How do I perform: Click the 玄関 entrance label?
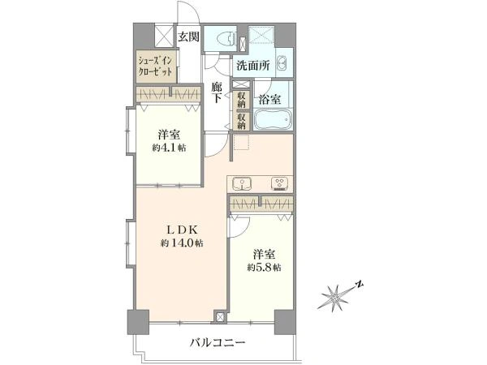(x=188, y=36)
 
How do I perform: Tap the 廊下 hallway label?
(x=217, y=92)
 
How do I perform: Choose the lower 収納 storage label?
(x=242, y=119)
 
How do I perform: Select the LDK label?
(x=181, y=230)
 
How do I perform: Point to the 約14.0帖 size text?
(x=182, y=243)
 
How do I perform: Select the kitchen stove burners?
(x=278, y=182)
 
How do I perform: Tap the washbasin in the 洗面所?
(x=281, y=64)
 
